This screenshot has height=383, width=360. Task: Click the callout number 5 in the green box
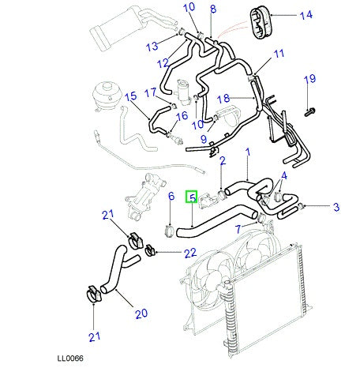pyautogui.click(x=192, y=197)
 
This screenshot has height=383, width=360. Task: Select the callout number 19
pyautogui.click(x=309, y=78)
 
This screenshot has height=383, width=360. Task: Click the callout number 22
pyautogui.click(x=189, y=253)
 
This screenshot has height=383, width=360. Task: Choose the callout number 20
pyautogui.click(x=141, y=314)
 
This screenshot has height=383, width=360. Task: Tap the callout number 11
pyautogui.click(x=278, y=54)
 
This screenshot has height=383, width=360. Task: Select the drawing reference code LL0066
pyautogui.click(x=69, y=358)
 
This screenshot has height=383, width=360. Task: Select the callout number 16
pyautogui.click(x=182, y=116)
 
